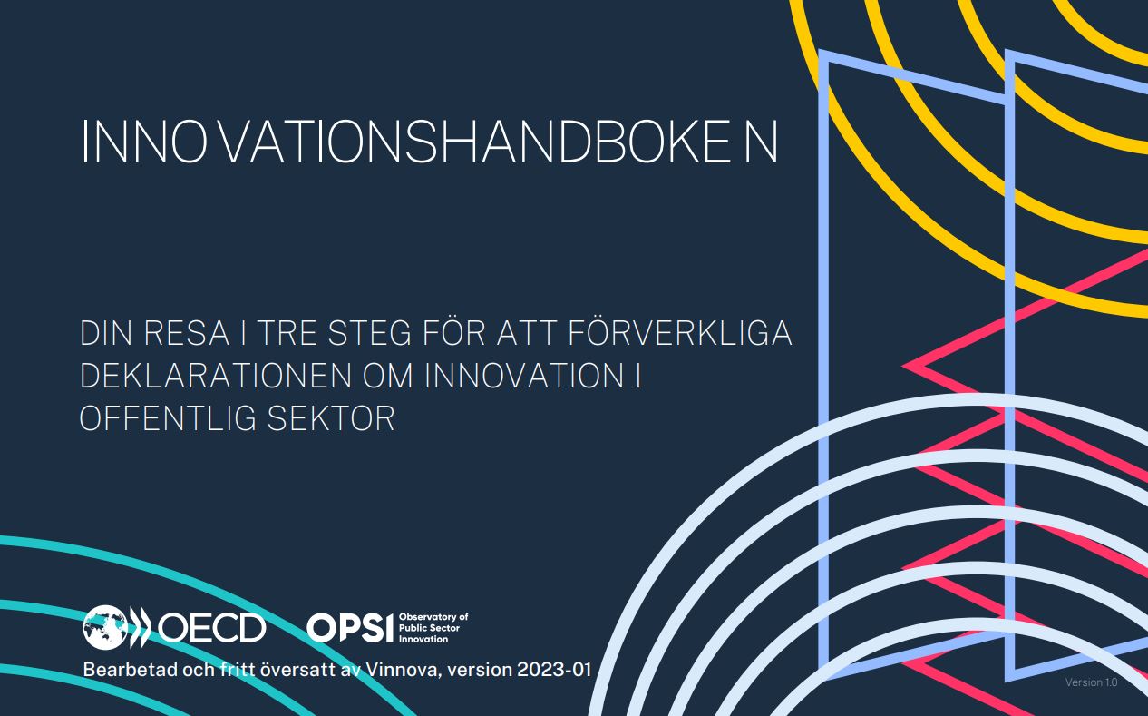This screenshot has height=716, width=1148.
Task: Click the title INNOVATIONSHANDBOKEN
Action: coord(429,141)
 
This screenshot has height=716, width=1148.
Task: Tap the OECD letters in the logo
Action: coord(211,627)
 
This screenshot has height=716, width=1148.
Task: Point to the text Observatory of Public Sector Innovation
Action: coord(433,627)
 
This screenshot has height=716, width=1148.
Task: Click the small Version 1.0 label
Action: coord(1091,682)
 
